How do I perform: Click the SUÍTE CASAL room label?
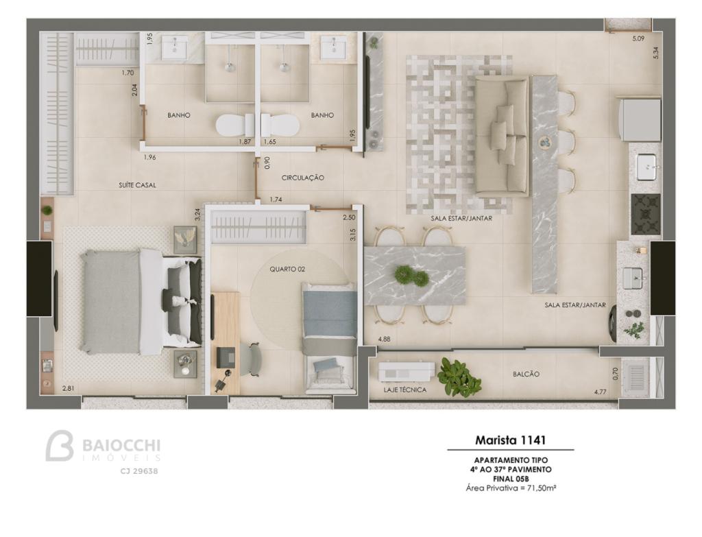coord(137,185)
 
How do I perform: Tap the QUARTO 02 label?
coord(287,269)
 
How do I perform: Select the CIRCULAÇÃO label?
coord(302,178)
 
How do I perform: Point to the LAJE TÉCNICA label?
coord(404,390)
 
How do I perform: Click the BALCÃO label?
coord(526,374)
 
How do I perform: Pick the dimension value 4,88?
coord(384,339)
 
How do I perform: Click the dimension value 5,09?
coord(638,38)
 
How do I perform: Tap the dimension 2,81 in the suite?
coord(68,388)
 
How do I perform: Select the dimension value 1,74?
coord(276,200)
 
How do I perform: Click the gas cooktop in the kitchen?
coord(646,215)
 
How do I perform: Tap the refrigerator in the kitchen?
coord(640,120)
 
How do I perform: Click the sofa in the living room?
coord(501,136)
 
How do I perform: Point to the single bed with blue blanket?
coord(330,337)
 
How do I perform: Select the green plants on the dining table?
coord(412,276)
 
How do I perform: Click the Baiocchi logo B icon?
coord(60,446)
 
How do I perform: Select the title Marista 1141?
coord(510,440)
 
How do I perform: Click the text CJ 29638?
coord(138,471)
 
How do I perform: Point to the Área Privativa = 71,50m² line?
coord(511,488)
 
